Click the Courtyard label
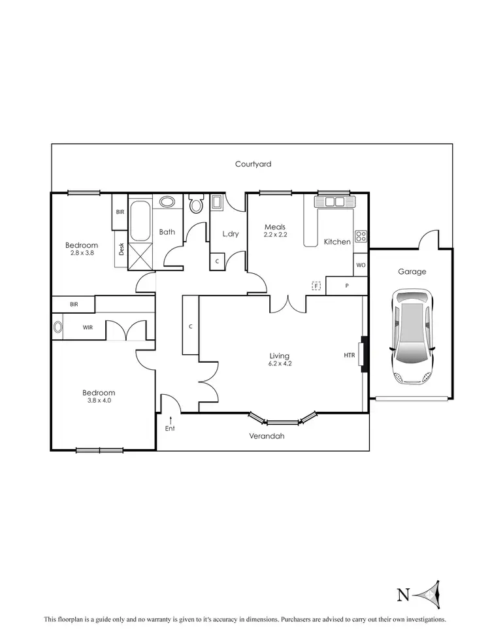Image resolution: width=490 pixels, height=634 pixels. click(253, 164)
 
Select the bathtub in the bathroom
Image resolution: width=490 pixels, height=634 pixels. click(140, 222)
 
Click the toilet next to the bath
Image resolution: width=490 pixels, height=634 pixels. click(196, 205)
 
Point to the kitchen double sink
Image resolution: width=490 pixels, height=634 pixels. click(335, 201)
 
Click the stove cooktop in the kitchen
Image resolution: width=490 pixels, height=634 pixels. click(361, 235)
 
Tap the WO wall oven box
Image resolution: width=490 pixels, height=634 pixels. click(361, 265)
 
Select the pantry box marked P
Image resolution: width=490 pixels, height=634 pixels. click(347, 286)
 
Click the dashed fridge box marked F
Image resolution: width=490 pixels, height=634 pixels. click(317, 286)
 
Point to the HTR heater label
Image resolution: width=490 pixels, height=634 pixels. click(350, 355)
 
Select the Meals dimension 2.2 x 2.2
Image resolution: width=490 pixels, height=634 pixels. click(275, 234)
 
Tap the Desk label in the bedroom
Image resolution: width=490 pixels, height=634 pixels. click(121, 249)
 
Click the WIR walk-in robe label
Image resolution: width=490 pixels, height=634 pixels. click(88, 327)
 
